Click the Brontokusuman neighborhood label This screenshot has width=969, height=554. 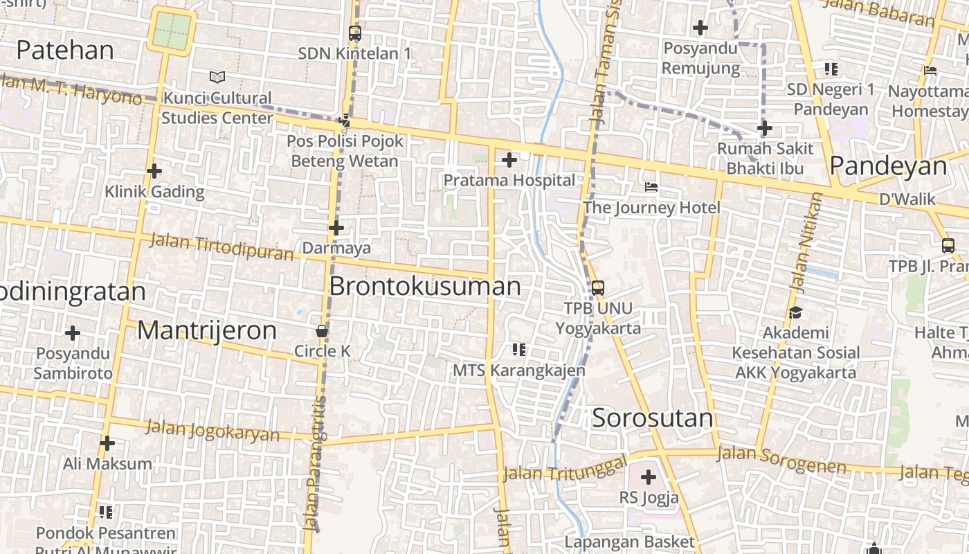click(x=425, y=286)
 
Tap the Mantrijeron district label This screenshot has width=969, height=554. click(x=206, y=330)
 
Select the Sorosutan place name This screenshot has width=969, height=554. click(x=652, y=418)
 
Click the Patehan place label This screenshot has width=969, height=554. click(x=65, y=50)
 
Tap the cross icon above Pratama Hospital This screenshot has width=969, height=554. click(x=509, y=161)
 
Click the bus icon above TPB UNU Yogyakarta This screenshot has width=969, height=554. click(x=598, y=287)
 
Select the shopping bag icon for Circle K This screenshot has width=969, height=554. click(x=322, y=331)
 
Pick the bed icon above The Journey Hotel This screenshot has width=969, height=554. click(x=651, y=187)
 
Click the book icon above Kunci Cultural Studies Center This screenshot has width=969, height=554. click(x=217, y=77)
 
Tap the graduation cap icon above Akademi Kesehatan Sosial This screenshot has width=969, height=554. click(x=795, y=312)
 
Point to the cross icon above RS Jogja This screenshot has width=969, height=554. click(x=649, y=477)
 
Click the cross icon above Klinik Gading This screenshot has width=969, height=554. click(x=154, y=171)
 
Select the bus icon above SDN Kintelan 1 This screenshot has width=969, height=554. click(x=355, y=33)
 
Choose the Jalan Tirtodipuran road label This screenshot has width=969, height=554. click(x=221, y=247)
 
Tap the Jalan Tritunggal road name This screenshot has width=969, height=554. click(x=565, y=468)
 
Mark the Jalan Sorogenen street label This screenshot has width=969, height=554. click(x=781, y=460)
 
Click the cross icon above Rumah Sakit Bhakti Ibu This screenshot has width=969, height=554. click(x=765, y=128)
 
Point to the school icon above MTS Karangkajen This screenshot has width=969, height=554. click(x=519, y=350)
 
